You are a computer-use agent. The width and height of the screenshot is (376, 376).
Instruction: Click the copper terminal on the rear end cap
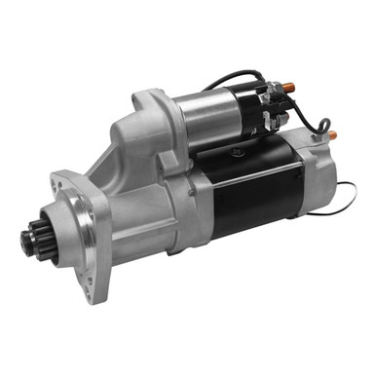click(330, 135)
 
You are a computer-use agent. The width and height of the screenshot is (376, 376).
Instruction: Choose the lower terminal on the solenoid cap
click(279, 122)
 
